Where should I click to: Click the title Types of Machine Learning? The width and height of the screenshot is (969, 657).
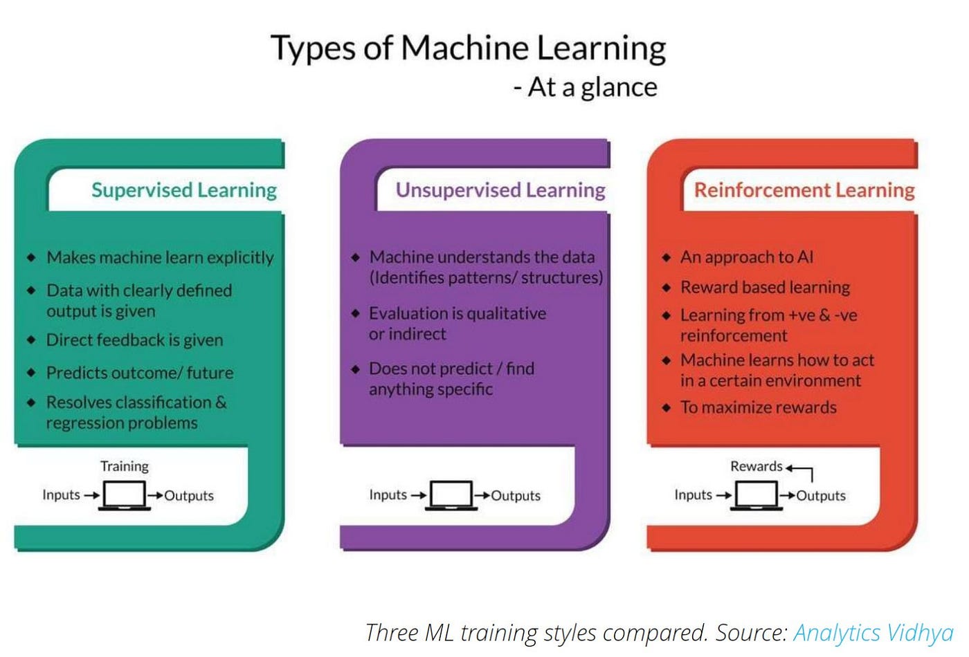point(468,48)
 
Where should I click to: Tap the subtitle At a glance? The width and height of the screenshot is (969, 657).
point(586,88)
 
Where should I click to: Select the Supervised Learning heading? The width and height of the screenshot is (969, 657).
point(184,190)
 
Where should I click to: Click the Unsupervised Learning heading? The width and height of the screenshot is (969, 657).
point(500,190)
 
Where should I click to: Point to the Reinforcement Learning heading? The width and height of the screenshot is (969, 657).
point(804,190)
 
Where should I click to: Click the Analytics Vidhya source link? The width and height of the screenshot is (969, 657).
point(873,632)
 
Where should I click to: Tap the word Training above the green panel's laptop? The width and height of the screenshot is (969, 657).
point(125,466)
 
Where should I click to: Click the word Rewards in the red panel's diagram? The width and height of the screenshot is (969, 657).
point(756,466)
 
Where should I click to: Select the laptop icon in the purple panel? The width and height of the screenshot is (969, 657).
point(451,495)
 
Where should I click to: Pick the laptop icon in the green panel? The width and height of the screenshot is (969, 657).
point(125,495)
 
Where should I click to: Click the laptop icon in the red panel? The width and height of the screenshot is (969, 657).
point(757,495)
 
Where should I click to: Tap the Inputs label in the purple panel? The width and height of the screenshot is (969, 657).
point(388,494)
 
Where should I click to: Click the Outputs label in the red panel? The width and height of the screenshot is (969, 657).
point(821,495)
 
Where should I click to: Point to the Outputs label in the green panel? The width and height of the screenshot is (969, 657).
point(189,495)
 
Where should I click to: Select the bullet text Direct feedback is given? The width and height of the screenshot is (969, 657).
point(135,340)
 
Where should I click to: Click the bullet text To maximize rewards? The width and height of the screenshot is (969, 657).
point(759,407)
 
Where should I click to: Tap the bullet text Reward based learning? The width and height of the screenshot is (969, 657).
point(766,287)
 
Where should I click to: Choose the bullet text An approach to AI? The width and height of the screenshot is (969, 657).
point(747,257)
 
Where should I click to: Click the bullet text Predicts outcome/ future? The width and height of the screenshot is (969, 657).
point(140,373)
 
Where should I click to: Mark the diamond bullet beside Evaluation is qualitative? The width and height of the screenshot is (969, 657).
point(356,313)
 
